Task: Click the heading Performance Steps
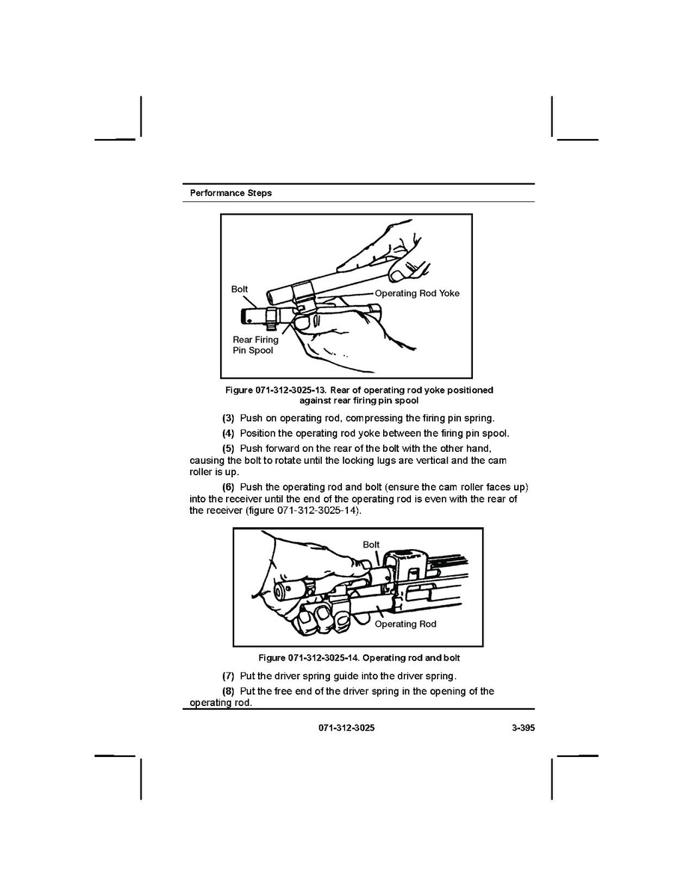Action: (231, 193)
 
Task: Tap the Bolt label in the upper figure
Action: (239, 289)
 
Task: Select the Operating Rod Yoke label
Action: (417, 293)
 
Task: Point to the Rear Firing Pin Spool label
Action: (254, 345)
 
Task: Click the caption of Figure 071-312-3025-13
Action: (359, 396)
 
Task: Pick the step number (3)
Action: (229, 417)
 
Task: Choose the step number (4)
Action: (229, 433)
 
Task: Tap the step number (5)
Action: (229, 449)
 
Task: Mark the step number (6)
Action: (229, 488)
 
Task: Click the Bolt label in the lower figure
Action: (371, 544)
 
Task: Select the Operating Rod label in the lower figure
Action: (405, 624)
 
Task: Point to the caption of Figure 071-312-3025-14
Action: (358, 658)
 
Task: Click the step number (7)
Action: (229, 677)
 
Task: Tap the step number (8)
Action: (229, 691)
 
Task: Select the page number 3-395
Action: (517, 727)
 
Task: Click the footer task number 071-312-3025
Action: (346, 727)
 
